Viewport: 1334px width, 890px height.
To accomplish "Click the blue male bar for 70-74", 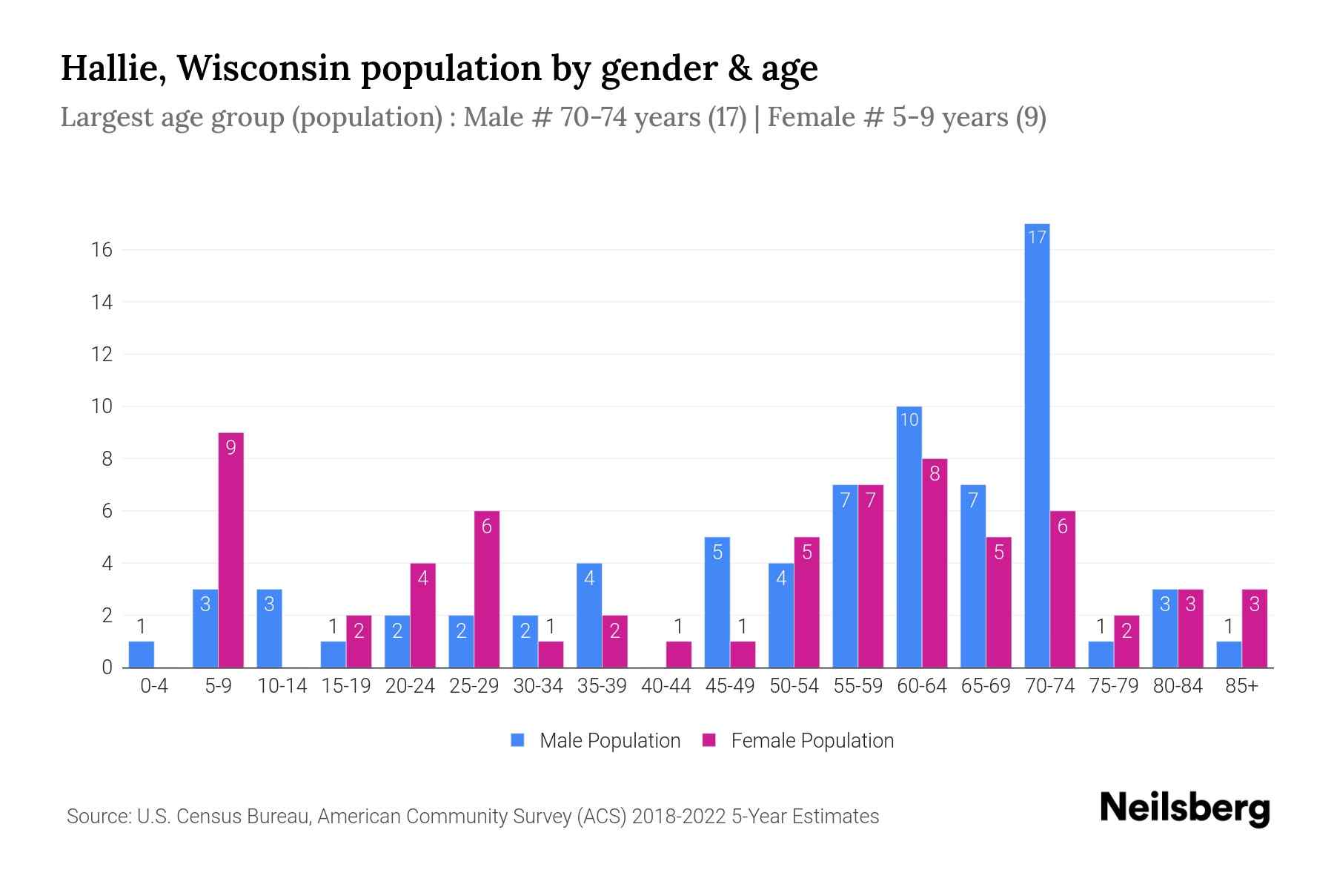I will click(x=1037, y=445).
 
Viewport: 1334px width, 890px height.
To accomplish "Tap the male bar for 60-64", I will click(x=909, y=537).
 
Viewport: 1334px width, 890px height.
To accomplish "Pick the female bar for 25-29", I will click(x=486, y=590).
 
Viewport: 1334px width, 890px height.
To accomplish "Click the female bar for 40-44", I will click(x=678, y=654).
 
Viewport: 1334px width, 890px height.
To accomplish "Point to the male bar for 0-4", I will click(x=141, y=654).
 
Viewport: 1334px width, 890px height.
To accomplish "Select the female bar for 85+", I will click(x=1254, y=628).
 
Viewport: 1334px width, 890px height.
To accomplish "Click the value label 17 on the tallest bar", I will click(x=1037, y=237).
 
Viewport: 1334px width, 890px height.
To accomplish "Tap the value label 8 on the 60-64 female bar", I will click(x=935, y=473).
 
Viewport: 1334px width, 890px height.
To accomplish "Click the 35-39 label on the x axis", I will click(x=602, y=686).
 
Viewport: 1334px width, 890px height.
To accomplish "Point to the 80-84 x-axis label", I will click(x=1178, y=686).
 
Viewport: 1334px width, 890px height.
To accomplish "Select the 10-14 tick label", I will click(x=282, y=686).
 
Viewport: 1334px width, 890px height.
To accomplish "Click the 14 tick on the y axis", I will click(x=102, y=302).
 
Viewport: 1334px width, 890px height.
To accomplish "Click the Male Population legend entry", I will click(x=609, y=740).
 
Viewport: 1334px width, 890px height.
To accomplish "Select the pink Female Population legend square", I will click(x=709, y=740).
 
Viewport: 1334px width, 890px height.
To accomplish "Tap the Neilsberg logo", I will click(x=1184, y=808).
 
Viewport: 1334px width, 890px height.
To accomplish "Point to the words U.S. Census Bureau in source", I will click(x=224, y=817).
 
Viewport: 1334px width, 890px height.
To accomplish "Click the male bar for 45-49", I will click(x=717, y=602).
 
